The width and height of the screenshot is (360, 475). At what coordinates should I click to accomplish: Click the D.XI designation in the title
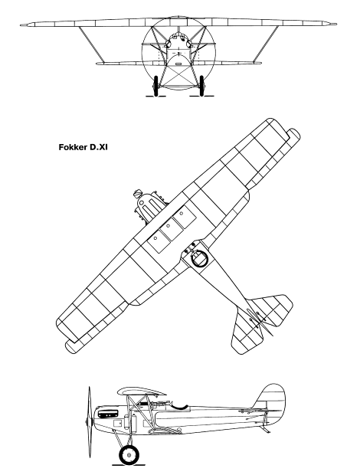click(98, 148)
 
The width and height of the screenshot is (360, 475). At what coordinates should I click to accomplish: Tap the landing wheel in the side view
click(129, 454)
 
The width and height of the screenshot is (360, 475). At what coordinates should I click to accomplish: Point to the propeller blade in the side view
click(89, 421)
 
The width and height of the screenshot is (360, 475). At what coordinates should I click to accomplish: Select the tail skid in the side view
click(266, 430)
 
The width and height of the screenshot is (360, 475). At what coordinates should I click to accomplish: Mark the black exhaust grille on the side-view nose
click(107, 414)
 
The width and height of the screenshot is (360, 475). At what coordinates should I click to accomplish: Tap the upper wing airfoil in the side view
click(142, 391)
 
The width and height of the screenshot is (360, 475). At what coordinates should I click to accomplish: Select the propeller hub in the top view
click(138, 193)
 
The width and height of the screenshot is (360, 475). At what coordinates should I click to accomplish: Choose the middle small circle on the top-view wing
click(168, 226)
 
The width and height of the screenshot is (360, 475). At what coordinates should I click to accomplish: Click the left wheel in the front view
click(156, 86)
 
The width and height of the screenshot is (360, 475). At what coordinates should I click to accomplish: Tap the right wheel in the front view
click(201, 86)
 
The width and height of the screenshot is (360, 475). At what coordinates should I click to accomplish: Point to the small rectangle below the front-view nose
click(178, 64)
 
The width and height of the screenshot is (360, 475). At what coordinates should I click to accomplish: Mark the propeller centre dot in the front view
click(179, 52)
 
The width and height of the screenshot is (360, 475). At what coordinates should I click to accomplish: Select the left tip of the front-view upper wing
click(21, 25)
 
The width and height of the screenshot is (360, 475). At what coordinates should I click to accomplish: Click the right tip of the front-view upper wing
click(335, 24)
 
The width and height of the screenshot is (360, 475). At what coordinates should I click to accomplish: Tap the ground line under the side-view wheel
click(129, 465)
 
